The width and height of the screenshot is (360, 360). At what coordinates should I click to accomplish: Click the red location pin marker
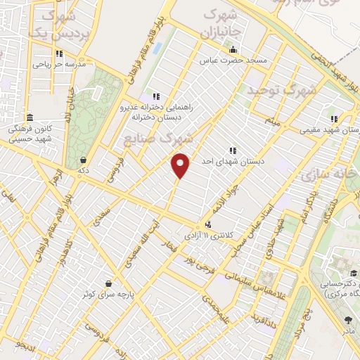(181, 165)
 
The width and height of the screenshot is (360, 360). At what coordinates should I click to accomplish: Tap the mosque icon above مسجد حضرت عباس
(233, 49)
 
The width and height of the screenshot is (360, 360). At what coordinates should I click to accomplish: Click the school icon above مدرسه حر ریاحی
(59, 53)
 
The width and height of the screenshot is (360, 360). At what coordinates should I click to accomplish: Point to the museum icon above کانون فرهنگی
(29, 117)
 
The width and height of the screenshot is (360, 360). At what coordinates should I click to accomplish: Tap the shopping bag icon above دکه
(84, 160)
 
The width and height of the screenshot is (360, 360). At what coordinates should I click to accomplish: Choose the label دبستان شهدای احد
(232, 161)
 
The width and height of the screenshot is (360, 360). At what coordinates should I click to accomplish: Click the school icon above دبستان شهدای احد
(232, 150)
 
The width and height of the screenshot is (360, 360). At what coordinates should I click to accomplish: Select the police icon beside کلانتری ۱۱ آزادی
(207, 224)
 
